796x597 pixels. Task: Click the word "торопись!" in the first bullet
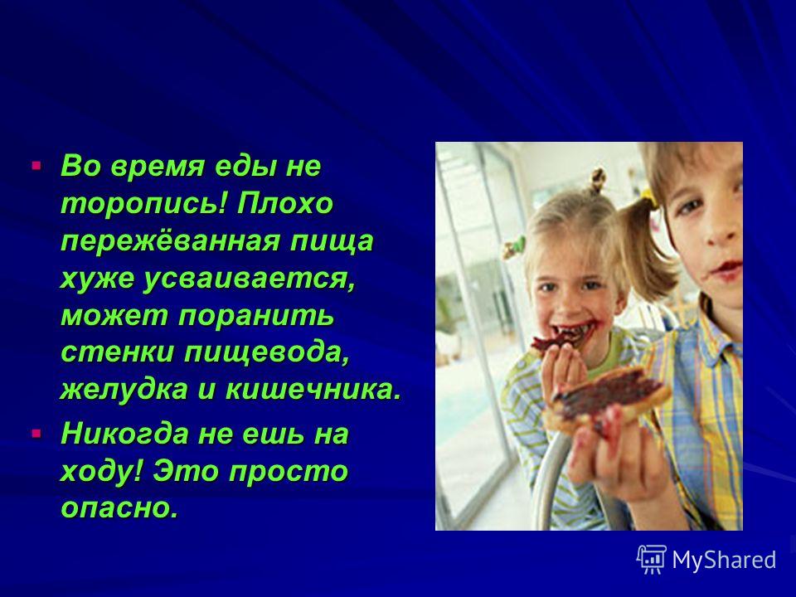coord(144,205)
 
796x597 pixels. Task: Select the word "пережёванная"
coord(171,240)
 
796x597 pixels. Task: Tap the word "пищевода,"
coord(268,353)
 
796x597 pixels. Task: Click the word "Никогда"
coord(124,434)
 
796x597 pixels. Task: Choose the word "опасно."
coord(119,507)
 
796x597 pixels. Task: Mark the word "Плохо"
coord(284,204)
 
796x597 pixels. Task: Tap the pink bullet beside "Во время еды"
coord(36,166)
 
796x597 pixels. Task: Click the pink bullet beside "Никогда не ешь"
coord(36,434)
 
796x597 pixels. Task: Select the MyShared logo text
coord(724,561)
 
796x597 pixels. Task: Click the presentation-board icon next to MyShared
coord(652,559)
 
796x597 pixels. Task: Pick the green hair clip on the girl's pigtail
coord(514,247)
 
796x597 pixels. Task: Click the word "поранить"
coord(256,316)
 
